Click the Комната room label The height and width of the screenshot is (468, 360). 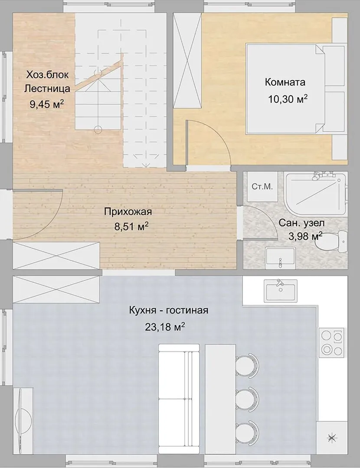[x=285, y=82]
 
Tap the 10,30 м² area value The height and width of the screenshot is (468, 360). [x=288, y=98]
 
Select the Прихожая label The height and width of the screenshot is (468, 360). [x=128, y=212]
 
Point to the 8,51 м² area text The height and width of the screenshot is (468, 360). [x=132, y=227]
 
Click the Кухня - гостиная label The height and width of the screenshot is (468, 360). [x=168, y=310]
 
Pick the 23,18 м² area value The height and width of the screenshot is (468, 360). [x=165, y=327]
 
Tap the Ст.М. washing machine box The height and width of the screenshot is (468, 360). [x=262, y=187]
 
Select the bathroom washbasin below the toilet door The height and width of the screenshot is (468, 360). [x=280, y=257]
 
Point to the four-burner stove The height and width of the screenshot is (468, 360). [x=332, y=342]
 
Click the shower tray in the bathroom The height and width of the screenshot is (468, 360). [x=315, y=192]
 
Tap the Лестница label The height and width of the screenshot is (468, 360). [x=47, y=89]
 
